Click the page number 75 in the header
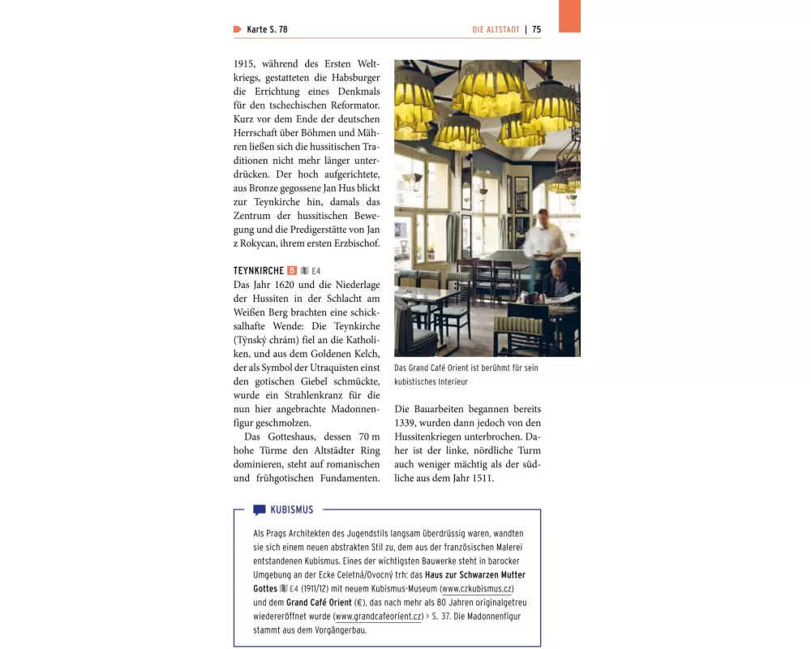click(x=536, y=30)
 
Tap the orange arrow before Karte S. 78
click(x=237, y=30)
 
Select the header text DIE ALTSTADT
click(x=496, y=30)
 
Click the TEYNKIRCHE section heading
click(x=258, y=270)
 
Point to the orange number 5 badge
click(x=292, y=270)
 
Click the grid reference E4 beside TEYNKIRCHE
click(x=316, y=271)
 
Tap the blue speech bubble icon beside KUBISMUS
click(x=259, y=510)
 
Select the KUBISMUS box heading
click(x=291, y=510)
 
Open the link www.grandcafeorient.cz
click(x=378, y=617)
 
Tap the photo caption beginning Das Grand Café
click(x=466, y=374)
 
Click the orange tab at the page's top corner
click(x=569, y=16)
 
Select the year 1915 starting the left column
click(x=244, y=63)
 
